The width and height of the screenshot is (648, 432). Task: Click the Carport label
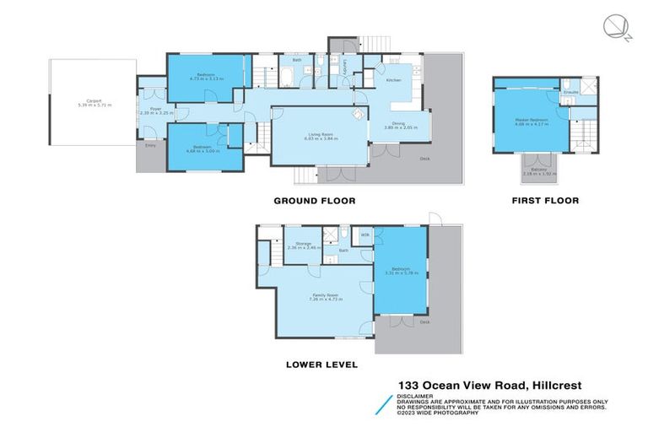tap(94, 102)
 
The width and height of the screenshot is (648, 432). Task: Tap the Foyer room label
tap(156, 109)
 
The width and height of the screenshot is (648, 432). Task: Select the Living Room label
tap(314, 134)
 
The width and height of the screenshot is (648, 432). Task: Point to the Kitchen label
tap(393, 80)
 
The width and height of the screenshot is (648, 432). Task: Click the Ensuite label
tap(571, 89)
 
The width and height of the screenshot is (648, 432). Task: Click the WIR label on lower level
tap(365, 234)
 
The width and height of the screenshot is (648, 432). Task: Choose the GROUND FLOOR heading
tap(314, 201)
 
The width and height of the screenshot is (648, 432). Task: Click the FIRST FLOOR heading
tap(545, 201)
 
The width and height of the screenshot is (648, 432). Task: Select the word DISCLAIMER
tap(416, 396)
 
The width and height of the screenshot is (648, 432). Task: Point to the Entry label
tap(151, 146)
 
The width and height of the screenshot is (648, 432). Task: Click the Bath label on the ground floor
tap(297, 61)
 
